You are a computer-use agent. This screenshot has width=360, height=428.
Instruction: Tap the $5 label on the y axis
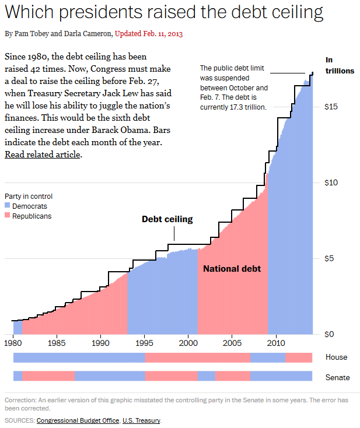point(331,258)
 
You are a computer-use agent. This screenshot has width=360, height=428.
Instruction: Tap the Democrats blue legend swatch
point(8,206)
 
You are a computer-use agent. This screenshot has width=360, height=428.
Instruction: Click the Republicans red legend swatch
point(8,216)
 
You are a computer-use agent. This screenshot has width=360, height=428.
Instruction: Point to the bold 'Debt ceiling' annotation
point(167,219)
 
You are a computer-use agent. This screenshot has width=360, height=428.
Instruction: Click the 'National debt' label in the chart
point(232,269)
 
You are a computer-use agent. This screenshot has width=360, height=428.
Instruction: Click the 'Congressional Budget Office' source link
point(78,420)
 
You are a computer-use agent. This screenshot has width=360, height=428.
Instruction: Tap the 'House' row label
point(336,357)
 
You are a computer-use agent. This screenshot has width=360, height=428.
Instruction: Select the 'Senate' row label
point(338,377)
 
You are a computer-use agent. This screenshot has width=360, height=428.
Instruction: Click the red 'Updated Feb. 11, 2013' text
point(149,34)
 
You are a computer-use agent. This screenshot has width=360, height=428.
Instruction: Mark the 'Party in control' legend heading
point(29,197)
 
